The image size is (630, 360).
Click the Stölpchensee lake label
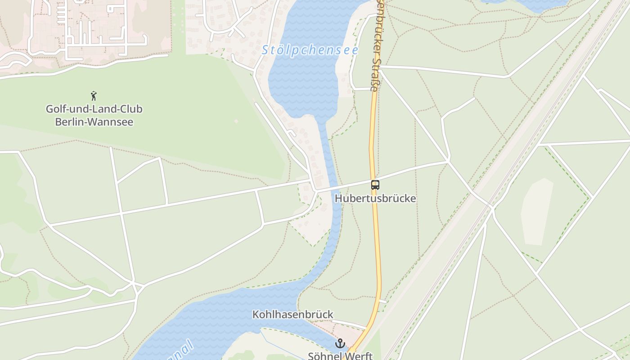310,50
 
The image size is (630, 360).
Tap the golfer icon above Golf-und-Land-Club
94,96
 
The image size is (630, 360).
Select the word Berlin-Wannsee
94,121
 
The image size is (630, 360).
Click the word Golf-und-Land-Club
94,109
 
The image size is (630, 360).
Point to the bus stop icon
375,184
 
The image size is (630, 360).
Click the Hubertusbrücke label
375,198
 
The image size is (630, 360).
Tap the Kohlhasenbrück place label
292,314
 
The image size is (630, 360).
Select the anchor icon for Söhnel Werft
340,344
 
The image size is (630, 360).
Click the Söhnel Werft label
340,355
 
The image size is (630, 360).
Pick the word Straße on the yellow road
374,74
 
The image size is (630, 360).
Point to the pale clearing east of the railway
536,211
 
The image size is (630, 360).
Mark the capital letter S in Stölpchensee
265,50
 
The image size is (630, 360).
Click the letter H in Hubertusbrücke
338,198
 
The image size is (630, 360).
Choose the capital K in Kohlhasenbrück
256,314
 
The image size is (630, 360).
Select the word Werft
360,355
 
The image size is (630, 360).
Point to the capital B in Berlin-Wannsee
58,121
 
